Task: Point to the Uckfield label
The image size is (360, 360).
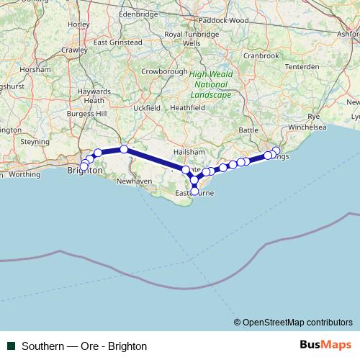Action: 146,107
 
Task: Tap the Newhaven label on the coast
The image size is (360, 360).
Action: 134,181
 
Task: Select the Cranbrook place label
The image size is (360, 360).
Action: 261,55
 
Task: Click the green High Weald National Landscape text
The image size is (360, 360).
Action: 211,84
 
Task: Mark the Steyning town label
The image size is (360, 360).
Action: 35,142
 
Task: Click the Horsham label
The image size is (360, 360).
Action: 36,69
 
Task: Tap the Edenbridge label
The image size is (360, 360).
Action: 138,14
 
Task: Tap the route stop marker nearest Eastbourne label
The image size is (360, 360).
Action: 194,191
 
